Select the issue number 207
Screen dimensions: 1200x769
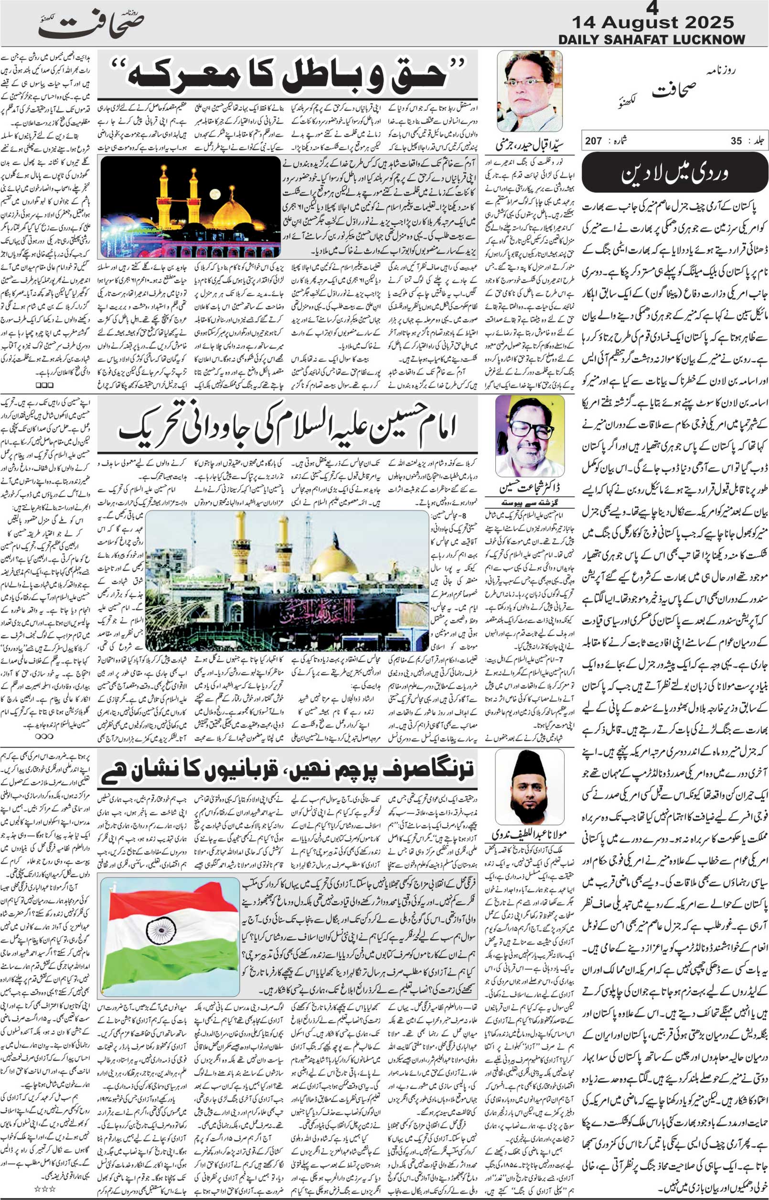click(x=594, y=141)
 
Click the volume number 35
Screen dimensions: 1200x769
click(x=736, y=141)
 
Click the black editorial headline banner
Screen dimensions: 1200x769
click(x=674, y=173)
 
